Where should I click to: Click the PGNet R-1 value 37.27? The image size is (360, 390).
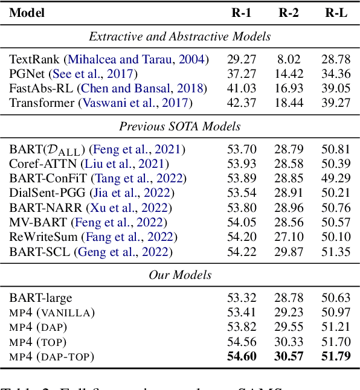point(241,74)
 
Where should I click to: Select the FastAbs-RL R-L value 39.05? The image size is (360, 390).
point(336,89)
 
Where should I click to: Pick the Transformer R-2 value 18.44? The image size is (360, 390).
point(289,103)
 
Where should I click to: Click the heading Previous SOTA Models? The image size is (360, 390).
point(179,126)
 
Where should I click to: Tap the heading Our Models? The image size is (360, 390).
point(180,275)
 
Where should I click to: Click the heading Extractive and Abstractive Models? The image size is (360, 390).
point(179,37)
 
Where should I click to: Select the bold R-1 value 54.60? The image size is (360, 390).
point(241,356)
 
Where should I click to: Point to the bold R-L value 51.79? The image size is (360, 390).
point(336,356)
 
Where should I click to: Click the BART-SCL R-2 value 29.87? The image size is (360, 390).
point(289,252)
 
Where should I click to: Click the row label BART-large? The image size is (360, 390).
point(40,298)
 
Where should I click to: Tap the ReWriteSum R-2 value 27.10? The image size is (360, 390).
point(289,237)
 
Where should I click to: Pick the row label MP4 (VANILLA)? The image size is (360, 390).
point(52,312)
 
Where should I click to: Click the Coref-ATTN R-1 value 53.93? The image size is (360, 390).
point(241,164)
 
